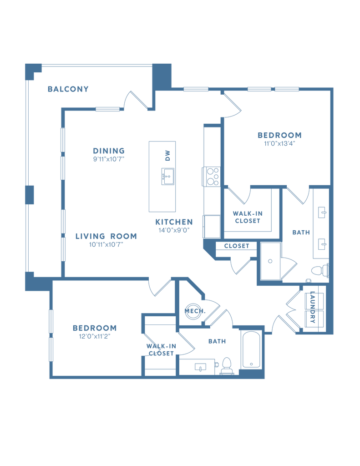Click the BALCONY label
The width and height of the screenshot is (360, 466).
[x=68, y=90]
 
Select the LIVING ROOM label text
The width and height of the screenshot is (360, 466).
[x=106, y=238]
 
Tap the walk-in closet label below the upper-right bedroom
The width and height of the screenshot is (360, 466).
[x=248, y=217]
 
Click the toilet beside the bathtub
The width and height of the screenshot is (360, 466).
[x=226, y=366]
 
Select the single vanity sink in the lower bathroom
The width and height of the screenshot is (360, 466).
[x=200, y=367]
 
